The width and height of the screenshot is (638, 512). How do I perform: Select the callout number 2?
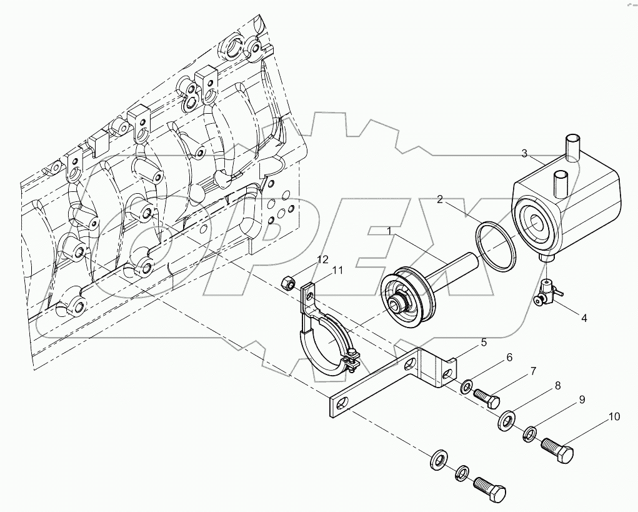[x=441, y=199]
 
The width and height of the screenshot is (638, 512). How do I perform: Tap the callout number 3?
[x=525, y=153]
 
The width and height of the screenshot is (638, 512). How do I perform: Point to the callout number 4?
[x=584, y=318]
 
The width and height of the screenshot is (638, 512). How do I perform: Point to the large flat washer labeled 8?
[x=507, y=420]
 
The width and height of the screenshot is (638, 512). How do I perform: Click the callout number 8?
[x=557, y=386]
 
